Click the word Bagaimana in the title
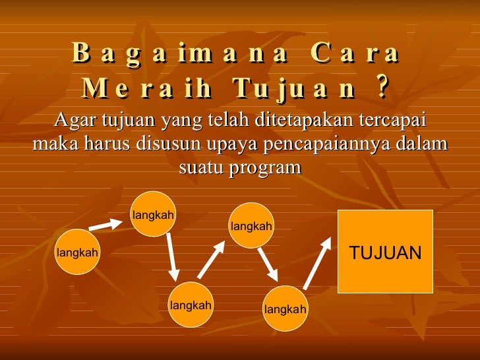[x=180, y=53]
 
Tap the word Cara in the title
[x=353, y=53]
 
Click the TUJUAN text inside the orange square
[x=385, y=253]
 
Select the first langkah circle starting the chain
[x=77, y=252]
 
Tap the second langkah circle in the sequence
[x=153, y=214]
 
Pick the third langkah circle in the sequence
[x=191, y=305]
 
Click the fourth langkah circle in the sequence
[x=251, y=226]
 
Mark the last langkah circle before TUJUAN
[x=285, y=309]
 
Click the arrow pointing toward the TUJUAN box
[x=317, y=264]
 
